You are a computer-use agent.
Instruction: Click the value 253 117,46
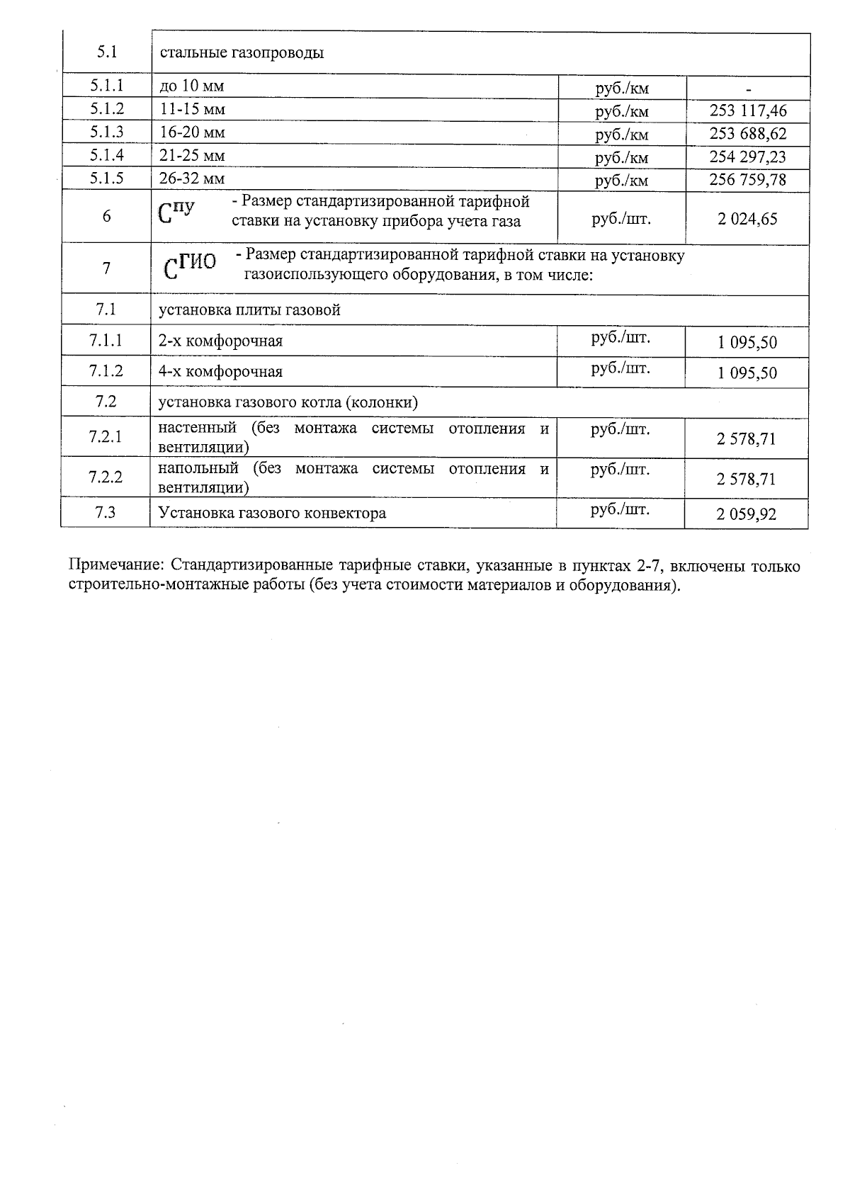(x=748, y=110)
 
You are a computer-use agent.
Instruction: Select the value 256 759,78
(x=748, y=179)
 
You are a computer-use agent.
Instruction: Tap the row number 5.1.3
(x=107, y=132)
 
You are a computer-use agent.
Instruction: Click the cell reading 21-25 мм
(x=192, y=155)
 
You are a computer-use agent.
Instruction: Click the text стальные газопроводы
(x=242, y=52)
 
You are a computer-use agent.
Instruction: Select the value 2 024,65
(x=747, y=219)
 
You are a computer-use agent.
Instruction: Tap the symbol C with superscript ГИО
(x=189, y=264)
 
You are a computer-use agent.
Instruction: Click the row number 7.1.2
(x=106, y=370)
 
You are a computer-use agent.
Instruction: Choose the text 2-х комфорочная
(x=220, y=341)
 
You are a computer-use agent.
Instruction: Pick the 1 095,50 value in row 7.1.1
(x=747, y=343)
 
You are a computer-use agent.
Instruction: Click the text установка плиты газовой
(x=249, y=310)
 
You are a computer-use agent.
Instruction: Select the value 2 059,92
(x=747, y=514)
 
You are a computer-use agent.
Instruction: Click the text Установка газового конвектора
(x=272, y=513)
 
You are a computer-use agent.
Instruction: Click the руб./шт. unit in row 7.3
(x=620, y=509)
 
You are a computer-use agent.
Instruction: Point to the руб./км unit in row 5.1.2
(x=622, y=111)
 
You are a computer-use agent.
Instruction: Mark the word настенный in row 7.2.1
(x=197, y=428)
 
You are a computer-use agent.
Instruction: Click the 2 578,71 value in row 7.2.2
(x=747, y=480)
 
